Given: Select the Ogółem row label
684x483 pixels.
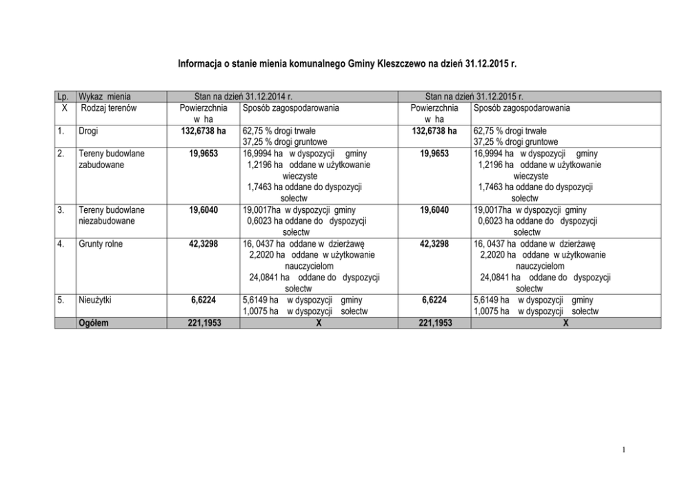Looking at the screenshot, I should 94,322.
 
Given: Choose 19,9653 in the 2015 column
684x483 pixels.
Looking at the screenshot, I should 434,154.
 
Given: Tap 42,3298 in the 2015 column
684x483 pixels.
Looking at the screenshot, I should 434,243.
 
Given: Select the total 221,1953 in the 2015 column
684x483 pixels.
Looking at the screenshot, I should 434,322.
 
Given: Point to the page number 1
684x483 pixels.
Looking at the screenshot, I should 623,451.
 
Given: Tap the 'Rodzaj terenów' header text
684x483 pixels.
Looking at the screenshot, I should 108,107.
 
